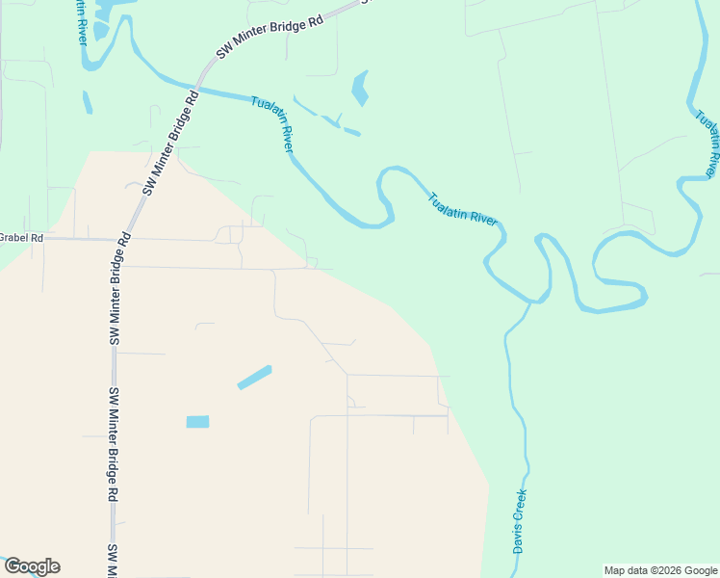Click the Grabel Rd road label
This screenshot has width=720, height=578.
coord(21,237)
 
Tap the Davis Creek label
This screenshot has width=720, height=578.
coord(520,521)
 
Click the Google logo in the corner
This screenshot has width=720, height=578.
coord(32,566)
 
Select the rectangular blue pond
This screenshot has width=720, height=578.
coord(197,421)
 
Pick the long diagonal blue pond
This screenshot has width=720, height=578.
coord(254,377)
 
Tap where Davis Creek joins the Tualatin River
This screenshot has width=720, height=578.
coord(528,303)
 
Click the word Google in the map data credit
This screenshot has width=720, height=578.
coord(698,570)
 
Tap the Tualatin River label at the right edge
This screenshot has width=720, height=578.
coord(707,141)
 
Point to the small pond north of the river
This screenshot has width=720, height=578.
coord(361,88)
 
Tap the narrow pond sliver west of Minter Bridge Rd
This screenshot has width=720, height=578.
coord(88,102)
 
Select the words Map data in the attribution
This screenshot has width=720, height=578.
coord(624,570)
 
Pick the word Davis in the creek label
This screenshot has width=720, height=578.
coord(518,539)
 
